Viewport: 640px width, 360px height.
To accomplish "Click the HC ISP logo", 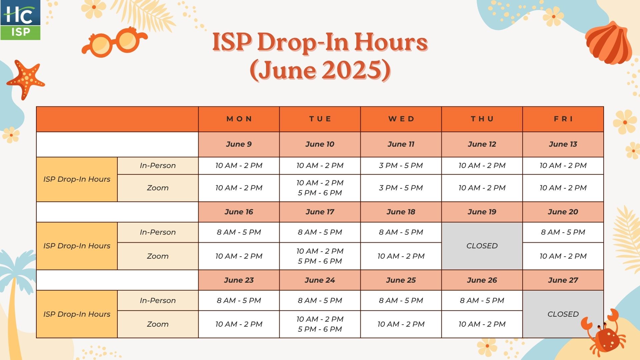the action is pyautogui.click(x=20, y=20).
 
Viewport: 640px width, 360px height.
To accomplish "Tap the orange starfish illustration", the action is pyautogui.click(x=25, y=80).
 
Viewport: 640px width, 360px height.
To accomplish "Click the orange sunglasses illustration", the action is pyautogui.click(x=114, y=42).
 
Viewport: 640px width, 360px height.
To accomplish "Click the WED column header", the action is pyautogui.click(x=401, y=119).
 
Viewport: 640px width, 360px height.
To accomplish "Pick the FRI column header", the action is pyautogui.click(x=563, y=119).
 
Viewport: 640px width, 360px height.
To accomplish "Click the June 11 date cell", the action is pyautogui.click(x=401, y=144).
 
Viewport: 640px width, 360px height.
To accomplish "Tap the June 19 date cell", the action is pyautogui.click(x=482, y=212).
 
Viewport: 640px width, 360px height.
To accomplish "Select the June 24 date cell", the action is pyautogui.click(x=320, y=280).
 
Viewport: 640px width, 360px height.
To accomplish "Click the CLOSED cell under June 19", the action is pyautogui.click(x=482, y=246).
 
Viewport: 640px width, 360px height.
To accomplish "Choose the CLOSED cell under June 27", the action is pyautogui.click(x=563, y=314).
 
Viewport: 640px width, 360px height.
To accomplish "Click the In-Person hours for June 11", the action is pyautogui.click(x=401, y=166).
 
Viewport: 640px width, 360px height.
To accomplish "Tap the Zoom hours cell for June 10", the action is pyautogui.click(x=320, y=188).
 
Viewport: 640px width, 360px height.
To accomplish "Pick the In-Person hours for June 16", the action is pyautogui.click(x=239, y=232).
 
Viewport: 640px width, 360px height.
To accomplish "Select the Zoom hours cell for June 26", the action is pyautogui.click(x=482, y=324).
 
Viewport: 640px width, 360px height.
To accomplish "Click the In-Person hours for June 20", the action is pyautogui.click(x=563, y=232).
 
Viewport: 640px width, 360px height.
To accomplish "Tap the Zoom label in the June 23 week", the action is pyautogui.click(x=158, y=324).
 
